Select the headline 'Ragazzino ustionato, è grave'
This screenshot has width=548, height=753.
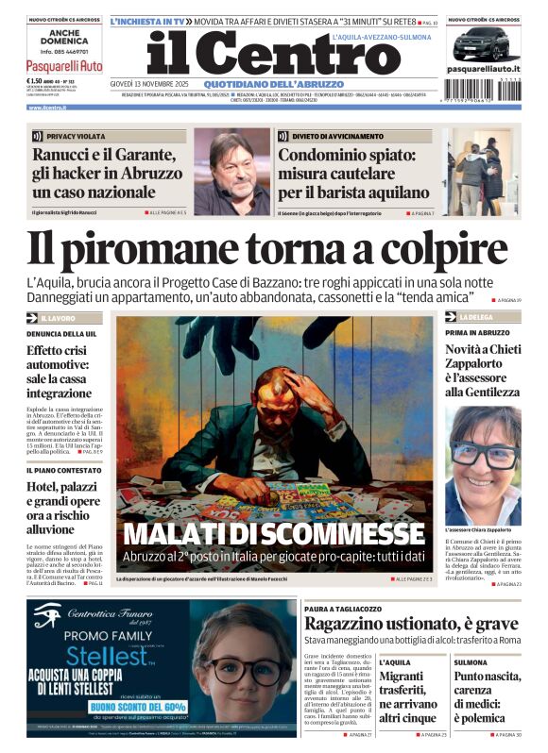pos(411,625)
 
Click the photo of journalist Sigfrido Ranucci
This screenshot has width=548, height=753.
pos(231,172)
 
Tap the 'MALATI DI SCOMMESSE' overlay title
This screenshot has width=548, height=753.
pos(273,534)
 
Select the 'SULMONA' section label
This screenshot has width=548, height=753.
pos(471,662)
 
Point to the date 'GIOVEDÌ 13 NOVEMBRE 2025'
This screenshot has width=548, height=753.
pos(146,83)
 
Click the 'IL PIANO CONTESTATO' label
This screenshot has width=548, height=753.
pos(59,469)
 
